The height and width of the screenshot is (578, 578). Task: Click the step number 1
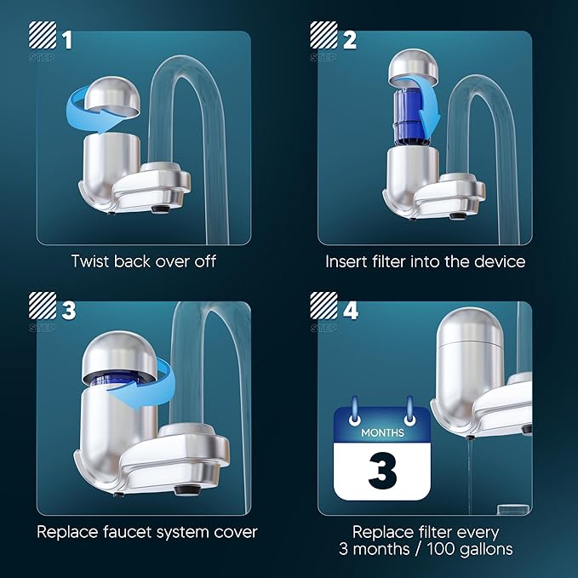(x=66, y=39)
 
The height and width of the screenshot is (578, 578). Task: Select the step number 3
(x=67, y=310)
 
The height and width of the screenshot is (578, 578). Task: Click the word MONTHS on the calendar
(x=382, y=432)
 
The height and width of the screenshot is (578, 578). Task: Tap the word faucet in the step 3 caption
(x=130, y=533)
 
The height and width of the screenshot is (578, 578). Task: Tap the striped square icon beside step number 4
(x=323, y=311)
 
